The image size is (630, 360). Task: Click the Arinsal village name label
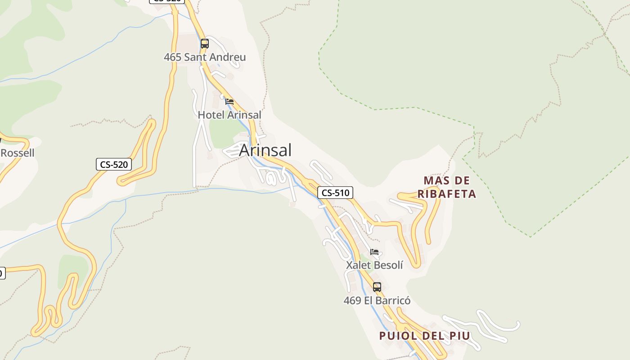tap(265, 150)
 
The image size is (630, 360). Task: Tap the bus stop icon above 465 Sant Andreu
tap(205, 44)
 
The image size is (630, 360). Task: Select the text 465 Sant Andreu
tap(205, 57)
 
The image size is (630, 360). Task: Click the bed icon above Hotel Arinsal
tap(229, 102)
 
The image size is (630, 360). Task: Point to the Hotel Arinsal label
tap(229, 115)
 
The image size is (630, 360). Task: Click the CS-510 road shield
tap(335, 193)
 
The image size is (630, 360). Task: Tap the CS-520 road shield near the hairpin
tap(114, 165)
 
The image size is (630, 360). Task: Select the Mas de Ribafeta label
tap(447, 187)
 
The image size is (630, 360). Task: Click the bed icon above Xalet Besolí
tap(374, 252)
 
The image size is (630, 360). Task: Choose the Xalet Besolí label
tap(374, 265)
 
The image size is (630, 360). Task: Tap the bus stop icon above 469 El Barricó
tap(377, 287)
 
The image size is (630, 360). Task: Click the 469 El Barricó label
tap(377, 300)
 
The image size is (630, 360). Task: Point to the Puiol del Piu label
tap(425, 336)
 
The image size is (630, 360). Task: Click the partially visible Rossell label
tap(17, 153)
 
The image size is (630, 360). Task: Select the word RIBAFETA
tap(447, 194)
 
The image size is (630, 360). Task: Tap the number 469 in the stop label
tap(352, 300)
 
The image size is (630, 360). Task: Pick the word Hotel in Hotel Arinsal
tap(211, 115)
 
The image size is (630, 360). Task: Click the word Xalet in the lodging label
tap(357, 265)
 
